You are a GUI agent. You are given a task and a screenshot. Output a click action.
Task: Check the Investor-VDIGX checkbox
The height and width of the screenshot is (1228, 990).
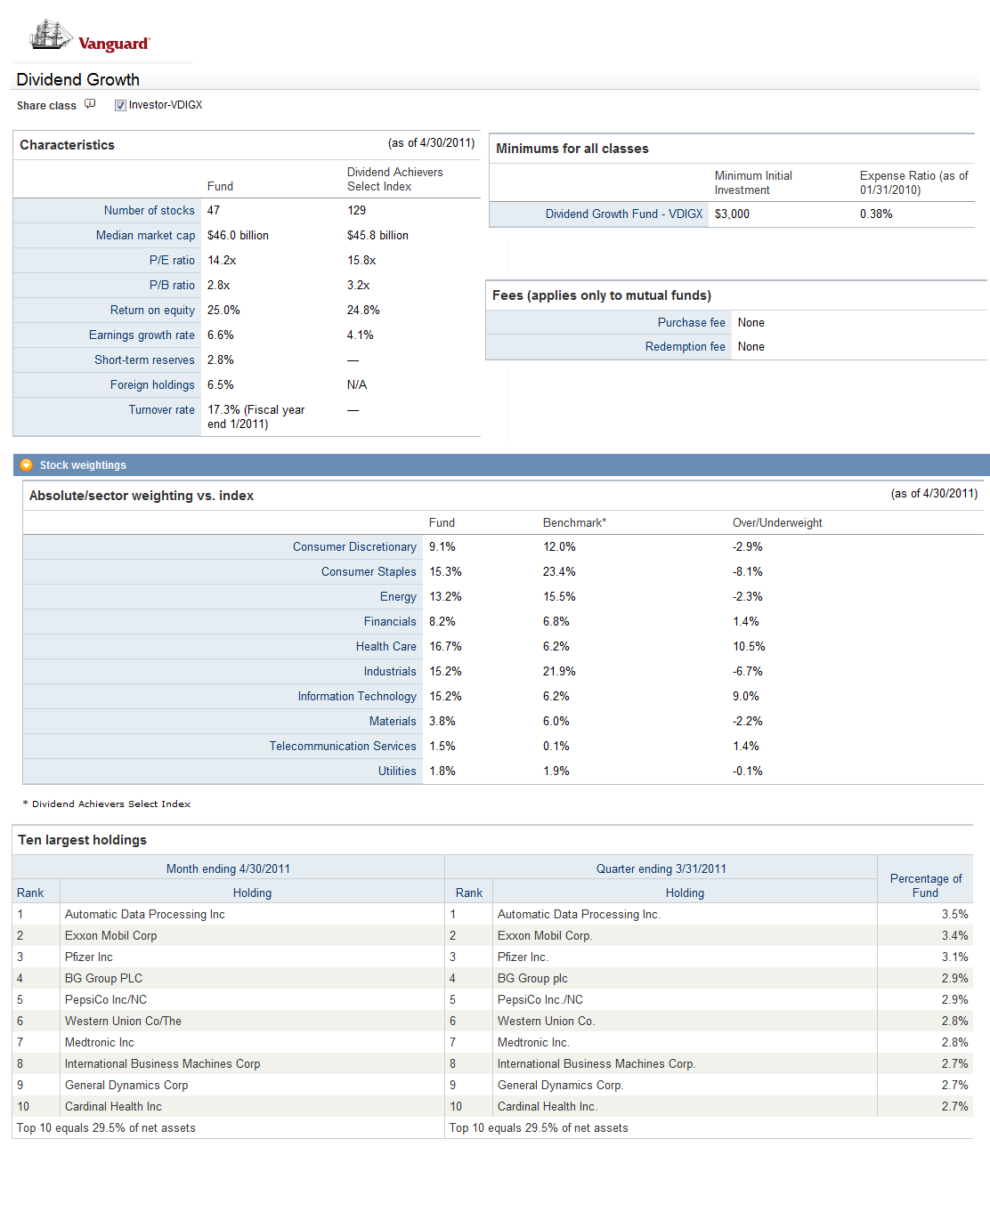pos(120,105)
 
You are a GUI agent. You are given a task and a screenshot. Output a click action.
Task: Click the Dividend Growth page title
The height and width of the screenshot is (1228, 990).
pos(77,79)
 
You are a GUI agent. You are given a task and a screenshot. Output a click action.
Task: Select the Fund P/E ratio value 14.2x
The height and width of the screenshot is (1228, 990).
pos(222,261)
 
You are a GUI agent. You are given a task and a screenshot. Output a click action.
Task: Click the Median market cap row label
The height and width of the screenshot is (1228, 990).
pos(145,236)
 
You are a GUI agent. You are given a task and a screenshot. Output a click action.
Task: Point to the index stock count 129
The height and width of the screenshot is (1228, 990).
pos(356,211)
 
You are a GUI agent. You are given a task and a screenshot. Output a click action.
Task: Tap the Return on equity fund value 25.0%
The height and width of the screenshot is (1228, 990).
pos(223,311)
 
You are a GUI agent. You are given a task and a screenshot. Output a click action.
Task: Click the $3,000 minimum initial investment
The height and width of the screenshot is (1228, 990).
pos(732,214)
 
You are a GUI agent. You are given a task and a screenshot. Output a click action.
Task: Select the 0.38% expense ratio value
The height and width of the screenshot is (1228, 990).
pos(876,214)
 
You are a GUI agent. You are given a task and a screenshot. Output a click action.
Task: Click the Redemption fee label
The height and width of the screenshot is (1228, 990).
pos(685,347)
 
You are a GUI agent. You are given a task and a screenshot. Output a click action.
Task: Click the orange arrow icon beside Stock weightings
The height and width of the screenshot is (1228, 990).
pos(27,465)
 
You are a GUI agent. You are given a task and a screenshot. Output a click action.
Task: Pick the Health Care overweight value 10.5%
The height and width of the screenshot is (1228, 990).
pos(749,647)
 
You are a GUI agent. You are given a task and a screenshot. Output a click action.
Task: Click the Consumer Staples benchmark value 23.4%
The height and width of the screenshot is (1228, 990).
pos(559,572)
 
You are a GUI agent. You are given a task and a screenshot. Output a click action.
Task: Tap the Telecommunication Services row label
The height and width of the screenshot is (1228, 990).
pos(343,747)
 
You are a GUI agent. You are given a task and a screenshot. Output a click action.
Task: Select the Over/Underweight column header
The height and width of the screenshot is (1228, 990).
pos(777,523)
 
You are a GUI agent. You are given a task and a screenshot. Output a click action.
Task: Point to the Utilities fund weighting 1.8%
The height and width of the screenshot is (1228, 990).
pos(442,772)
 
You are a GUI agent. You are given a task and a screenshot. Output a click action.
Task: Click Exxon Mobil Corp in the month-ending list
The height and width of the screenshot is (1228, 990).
pos(110,936)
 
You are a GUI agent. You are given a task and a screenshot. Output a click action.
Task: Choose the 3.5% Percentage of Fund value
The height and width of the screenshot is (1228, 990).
pos(954,915)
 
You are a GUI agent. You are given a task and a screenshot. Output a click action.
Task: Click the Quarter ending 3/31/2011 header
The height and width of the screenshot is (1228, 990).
pos(661,869)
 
